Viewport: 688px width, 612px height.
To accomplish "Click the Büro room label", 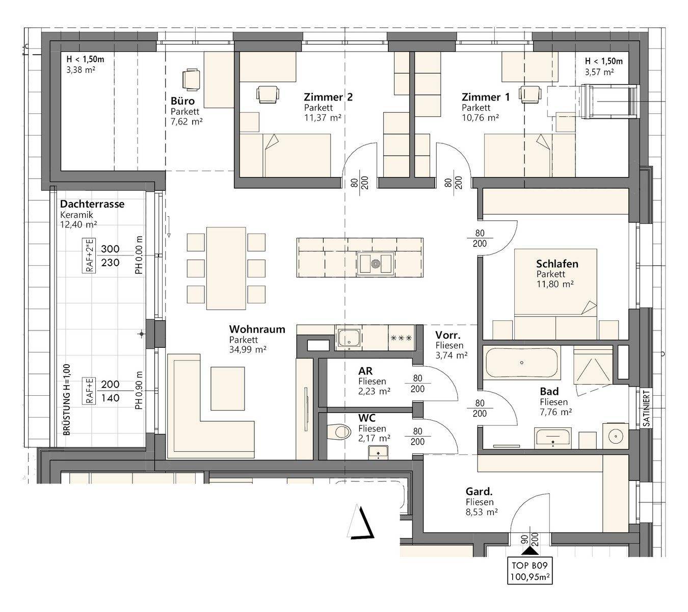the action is [182, 101].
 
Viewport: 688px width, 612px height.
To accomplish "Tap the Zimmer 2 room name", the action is [328, 97].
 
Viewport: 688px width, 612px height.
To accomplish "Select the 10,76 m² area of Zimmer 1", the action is [480, 118].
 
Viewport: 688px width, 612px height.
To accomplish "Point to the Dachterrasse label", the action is [92, 204].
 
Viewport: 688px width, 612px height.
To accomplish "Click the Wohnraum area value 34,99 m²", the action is [248, 349].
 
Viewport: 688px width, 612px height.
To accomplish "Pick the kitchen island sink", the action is [375, 263].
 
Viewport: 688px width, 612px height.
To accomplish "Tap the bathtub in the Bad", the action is [521, 363].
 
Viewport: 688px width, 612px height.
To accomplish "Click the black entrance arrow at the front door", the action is [530, 551].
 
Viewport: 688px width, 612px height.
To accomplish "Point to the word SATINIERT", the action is [646, 408].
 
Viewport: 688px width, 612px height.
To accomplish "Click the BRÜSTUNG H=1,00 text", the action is [67, 400].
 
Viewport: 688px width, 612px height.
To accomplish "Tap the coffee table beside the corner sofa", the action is [227, 389].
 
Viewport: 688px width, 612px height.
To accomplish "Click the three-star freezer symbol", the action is [402, 338].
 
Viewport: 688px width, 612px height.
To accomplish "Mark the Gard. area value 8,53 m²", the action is [482, 512].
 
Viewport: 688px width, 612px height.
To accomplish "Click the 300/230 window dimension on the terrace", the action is [111, 256].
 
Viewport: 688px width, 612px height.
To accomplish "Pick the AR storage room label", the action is [365, 371].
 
